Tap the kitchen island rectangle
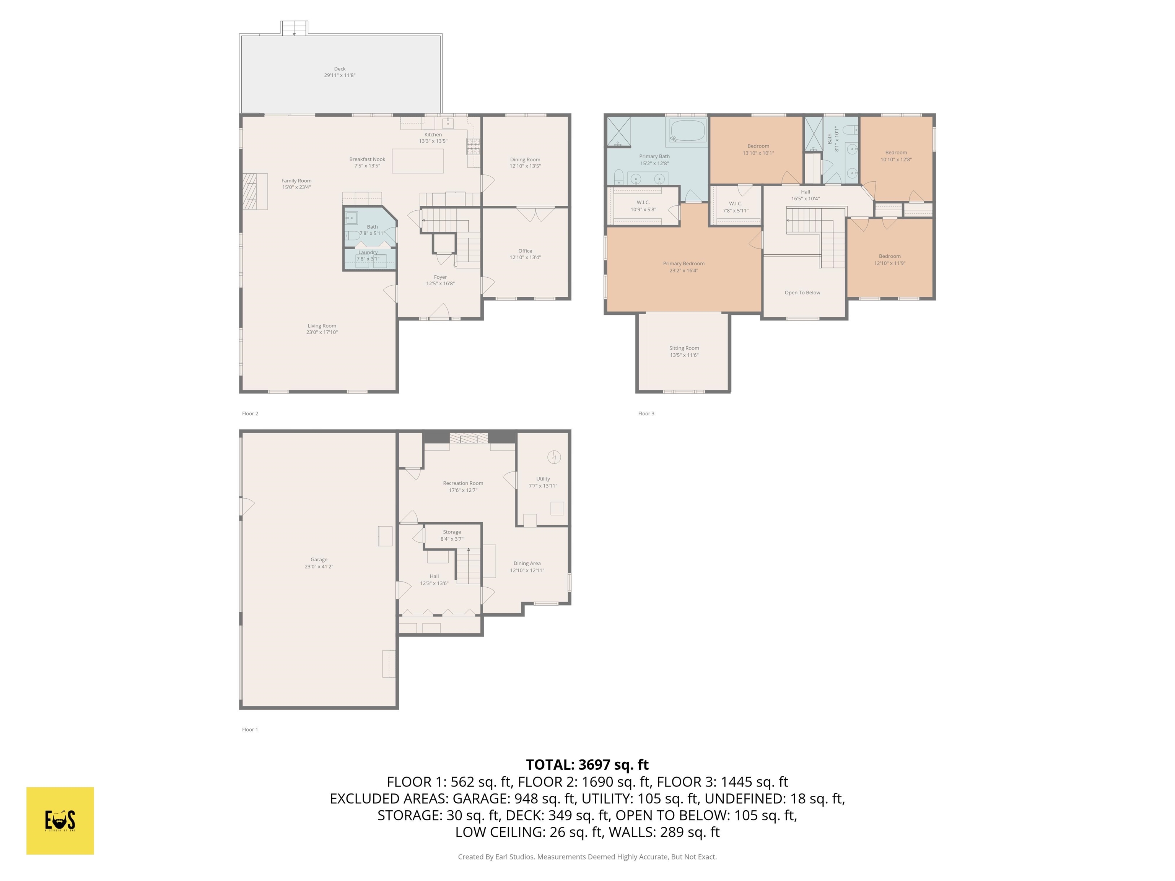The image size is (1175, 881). pos(418,161)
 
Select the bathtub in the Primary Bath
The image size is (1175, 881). pos(687,130)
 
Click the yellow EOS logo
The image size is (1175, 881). pos(60,821)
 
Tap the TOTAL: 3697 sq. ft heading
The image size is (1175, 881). pos(587,765)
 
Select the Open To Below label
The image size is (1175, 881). pos(802,293)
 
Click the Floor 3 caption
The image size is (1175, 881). pos(646,414)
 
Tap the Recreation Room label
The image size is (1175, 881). pos(463,483)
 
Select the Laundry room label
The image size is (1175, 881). pos(368,253)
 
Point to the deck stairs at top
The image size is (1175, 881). pos(294,28)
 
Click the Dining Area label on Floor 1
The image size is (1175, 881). pos(527,564)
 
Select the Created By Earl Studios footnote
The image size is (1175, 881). pos(587,857)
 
